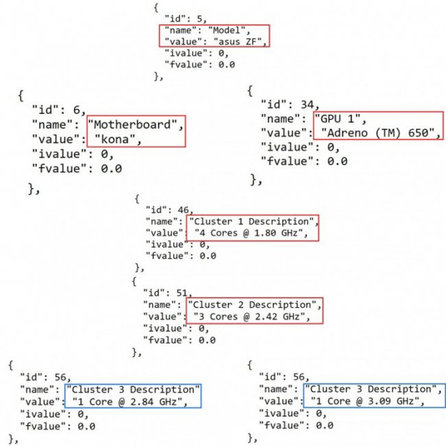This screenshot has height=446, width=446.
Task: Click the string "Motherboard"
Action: [137, 125]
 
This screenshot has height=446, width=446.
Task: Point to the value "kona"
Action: [117, 140]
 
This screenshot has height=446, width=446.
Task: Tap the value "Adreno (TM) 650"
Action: [378, 132]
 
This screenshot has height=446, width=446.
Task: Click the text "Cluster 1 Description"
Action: [253, 222]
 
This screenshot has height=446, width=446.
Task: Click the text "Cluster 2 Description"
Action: [253, 305]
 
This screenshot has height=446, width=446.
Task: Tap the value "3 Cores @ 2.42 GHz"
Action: [247, 316]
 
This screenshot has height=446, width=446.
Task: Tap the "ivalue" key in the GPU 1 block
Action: [287, 147]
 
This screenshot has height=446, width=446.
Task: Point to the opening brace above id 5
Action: [157, 7]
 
